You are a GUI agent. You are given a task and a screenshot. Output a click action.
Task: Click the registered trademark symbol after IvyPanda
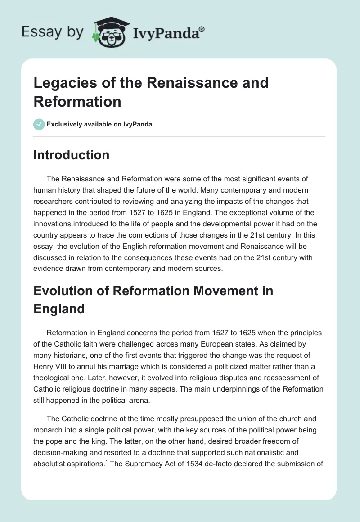click(202, 29)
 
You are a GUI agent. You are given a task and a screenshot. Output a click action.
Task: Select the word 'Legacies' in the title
click(61, 83)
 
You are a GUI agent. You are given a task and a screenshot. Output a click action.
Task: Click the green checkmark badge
click(39, 124)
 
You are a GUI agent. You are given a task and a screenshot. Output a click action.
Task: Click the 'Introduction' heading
click(71, 155)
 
